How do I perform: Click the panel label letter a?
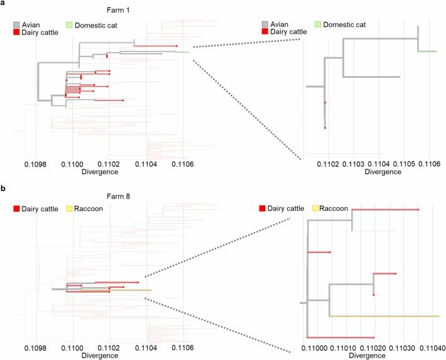pyautogui.click(x=4, y=4)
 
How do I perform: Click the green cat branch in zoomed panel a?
pyautogui.click(x=428, y=52)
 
